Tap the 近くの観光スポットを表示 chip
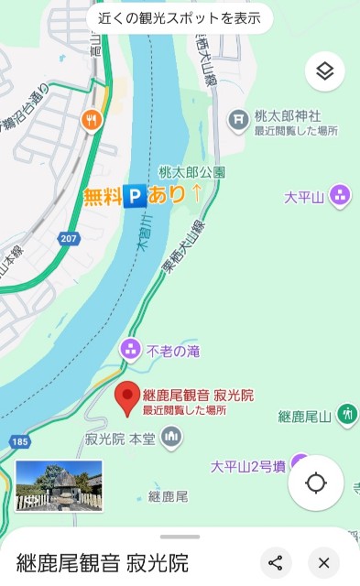tap(180, 17)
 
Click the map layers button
tap(324, 71)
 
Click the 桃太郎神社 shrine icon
tap(238, 118)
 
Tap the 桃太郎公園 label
tap(191, 171)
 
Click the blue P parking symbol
tap(135, 195)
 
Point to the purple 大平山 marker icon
tap(340, 194)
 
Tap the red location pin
tap(128, 395)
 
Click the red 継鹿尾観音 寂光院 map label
tap(198, 396)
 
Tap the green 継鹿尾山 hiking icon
tap(347, 414)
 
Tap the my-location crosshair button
tap(316, 483)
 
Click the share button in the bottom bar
tap(275, 563)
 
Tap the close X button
tap(323, 563)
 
